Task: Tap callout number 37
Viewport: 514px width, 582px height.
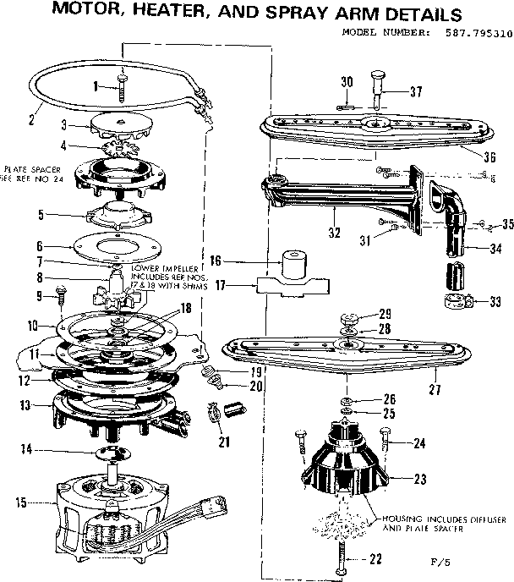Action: coord(415,91)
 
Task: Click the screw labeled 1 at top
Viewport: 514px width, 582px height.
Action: coord(123,84)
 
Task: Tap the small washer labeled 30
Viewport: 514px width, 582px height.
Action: coord(344,107)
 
